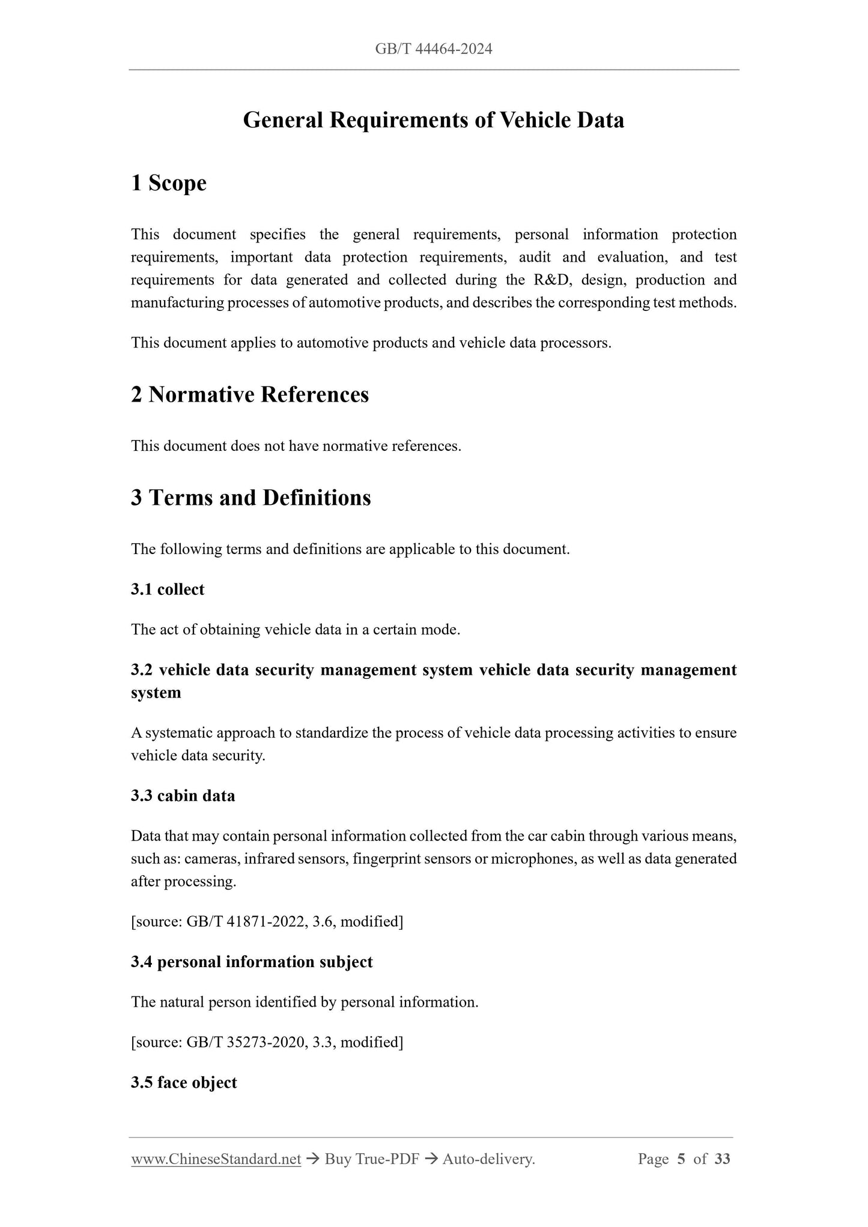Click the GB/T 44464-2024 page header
coord(433,49)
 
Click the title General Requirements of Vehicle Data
coord(433,120)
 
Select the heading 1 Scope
coord(169,183)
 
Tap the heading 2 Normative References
coord(250,394)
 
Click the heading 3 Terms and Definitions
coord(251,498)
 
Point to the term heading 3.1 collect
coord(168,589)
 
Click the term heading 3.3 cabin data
coord(183,796)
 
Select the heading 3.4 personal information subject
coord(252,962)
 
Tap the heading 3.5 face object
coord(184,1083)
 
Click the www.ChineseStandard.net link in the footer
coord(216,1159)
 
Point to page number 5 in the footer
coord(681,1159)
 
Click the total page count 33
coord(723,1159)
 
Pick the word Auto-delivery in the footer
coord(488,1159)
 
